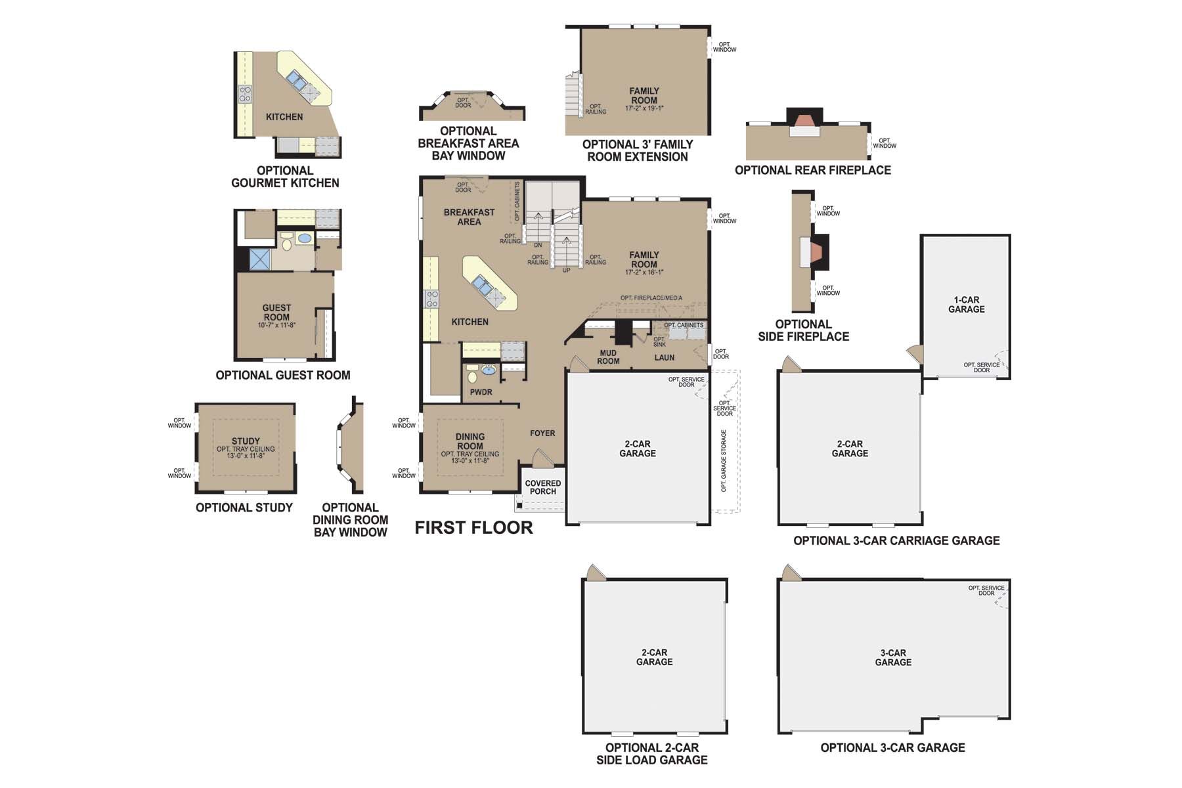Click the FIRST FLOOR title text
[473, 527]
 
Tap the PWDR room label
[481, 392]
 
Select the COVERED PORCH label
[543, 487]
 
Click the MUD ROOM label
[608, 357]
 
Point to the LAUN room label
[664, 358]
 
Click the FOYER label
[542, 433]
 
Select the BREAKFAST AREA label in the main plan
[469, 217]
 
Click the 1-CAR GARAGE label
[966, 305]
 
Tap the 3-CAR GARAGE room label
[893, 657]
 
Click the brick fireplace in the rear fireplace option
[804, 121]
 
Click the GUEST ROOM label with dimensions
[276, 315]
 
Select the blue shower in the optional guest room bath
[260, 259]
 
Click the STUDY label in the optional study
[246, 441]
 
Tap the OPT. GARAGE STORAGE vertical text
[724, 461]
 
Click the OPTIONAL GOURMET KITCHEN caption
[285, 177]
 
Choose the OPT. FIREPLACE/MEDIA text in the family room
[651, 298]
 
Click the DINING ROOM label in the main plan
[470, 441]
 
